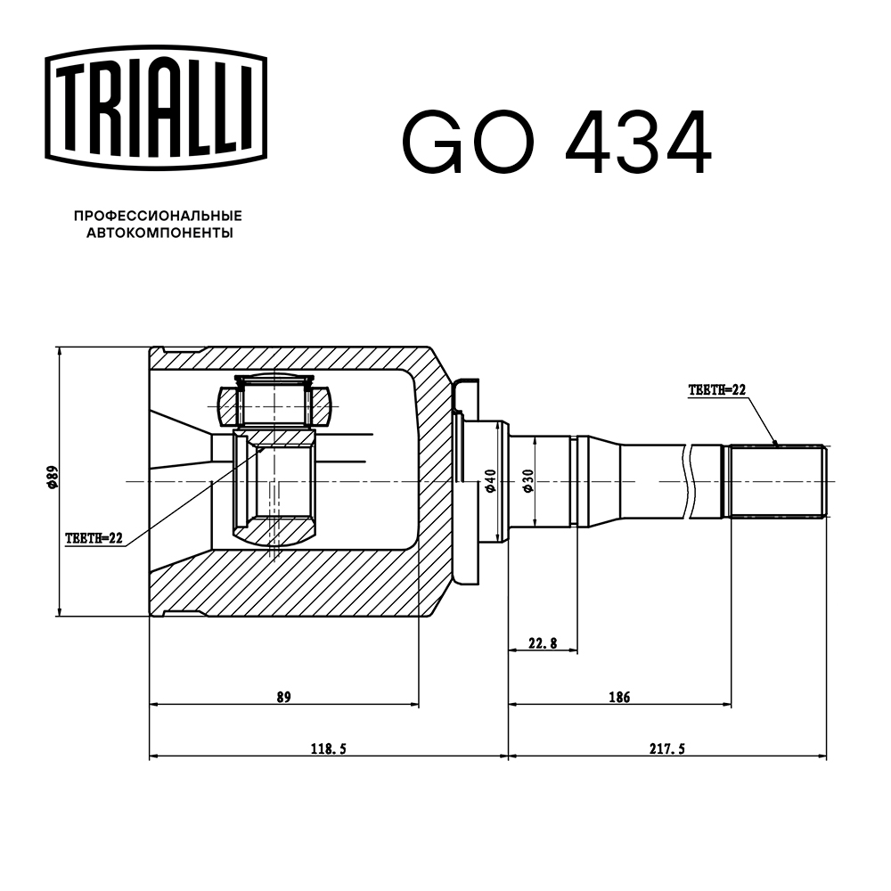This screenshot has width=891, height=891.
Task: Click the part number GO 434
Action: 557,143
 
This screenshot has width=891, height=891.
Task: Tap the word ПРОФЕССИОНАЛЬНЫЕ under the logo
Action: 158,217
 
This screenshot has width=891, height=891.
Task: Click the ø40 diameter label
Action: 489,481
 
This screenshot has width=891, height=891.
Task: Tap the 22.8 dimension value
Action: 543,643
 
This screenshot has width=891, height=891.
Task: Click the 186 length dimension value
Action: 619,697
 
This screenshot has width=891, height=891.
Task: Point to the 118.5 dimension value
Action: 327,749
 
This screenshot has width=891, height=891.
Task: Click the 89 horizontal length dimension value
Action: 283,697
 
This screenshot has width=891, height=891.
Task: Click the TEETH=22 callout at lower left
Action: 94,538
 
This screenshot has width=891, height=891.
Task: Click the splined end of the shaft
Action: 778,481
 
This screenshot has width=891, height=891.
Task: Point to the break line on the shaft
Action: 689,481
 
